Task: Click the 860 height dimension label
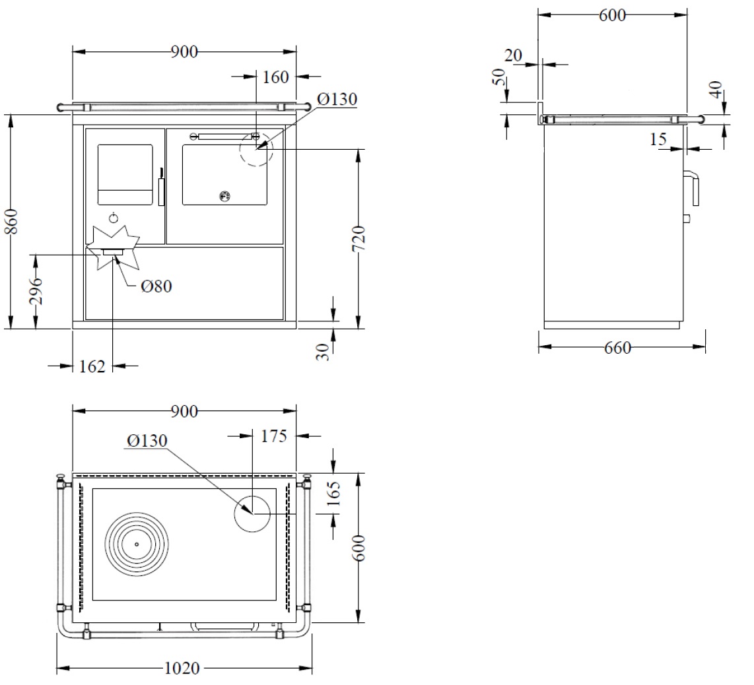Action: click(x=11, y=221)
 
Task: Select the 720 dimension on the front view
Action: click(x=359, y=238)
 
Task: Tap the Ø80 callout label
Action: click(x=156, y=286)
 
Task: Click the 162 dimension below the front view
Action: click(x=92, y=367)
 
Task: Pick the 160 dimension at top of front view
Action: click(x=275, y=77)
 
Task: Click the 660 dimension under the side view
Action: click(x=617, y=347)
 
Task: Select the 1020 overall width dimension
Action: click(x=182, y=669)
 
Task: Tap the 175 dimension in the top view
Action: click(x=273, y=436)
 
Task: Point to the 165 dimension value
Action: click(x=333, y=494)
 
